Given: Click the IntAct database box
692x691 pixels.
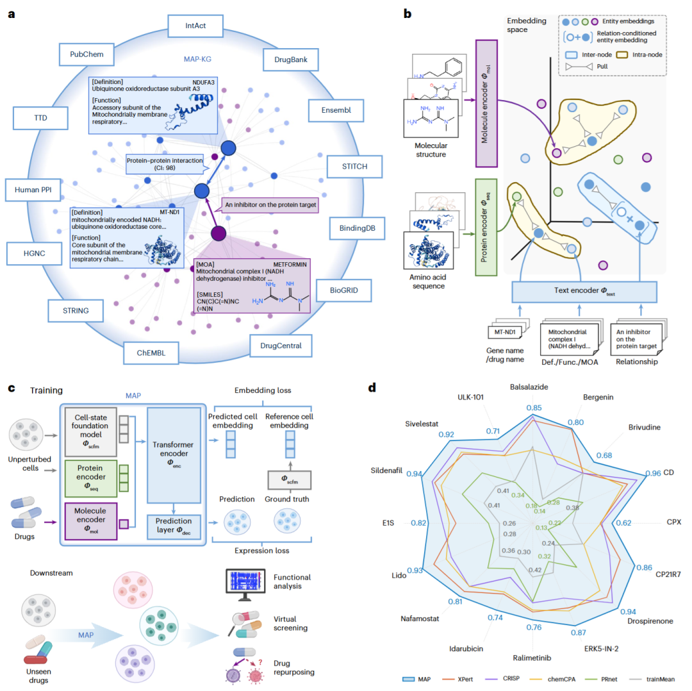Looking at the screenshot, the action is (195, 26).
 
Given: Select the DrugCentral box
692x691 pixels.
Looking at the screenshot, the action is (281, 345).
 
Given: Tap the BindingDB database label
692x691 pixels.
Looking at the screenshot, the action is (357, 228).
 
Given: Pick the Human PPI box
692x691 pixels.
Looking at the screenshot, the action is (33, 190).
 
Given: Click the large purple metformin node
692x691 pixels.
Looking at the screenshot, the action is (218, 233).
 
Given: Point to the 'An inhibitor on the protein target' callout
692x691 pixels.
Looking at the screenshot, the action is (270, 205).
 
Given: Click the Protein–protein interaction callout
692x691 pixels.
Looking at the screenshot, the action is (165, 164).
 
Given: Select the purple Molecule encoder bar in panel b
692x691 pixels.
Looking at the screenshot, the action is (486, 104).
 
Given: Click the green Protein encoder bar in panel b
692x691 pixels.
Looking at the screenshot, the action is (486, 228).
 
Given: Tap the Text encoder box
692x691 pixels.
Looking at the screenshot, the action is (584, 292).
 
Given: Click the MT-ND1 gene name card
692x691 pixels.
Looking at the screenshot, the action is (505, 332).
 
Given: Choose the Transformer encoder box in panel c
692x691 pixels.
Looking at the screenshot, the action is (174, 454).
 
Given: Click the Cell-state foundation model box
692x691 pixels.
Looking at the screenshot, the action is (91, 432).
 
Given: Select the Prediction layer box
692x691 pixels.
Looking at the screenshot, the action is (174, 526).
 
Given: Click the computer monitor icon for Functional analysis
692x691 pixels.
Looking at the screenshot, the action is (245, 585).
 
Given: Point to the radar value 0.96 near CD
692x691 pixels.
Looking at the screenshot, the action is (653, 473).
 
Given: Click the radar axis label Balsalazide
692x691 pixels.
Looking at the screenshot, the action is (529, 387).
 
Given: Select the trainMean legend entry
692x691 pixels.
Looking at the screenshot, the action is (652, 679).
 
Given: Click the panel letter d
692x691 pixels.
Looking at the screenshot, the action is (372, 388).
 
